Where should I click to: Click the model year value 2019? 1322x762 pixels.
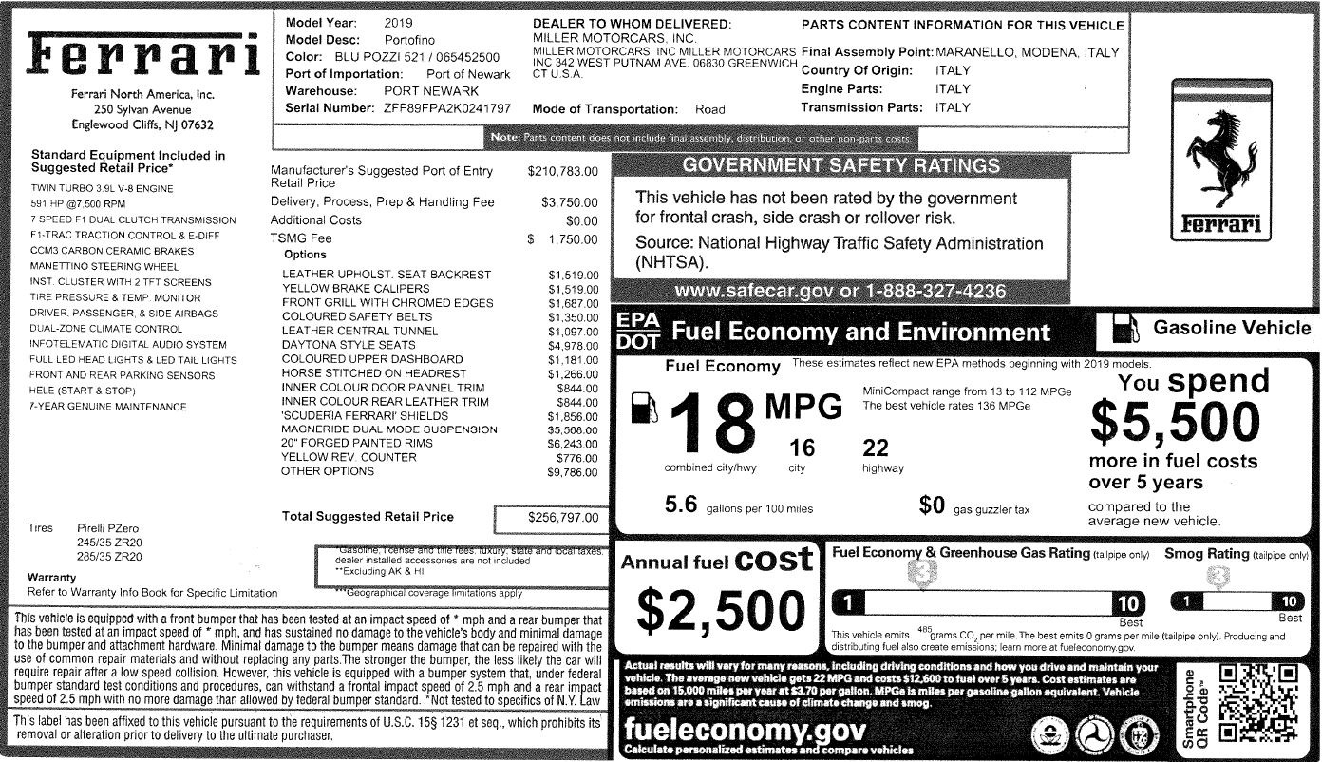398,22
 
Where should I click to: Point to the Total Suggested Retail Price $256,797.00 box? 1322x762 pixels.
550,518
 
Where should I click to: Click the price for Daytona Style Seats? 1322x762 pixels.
573,345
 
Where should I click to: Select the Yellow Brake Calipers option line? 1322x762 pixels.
350,289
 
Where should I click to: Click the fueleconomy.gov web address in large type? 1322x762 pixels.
745,732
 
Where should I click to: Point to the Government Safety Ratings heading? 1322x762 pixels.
841,165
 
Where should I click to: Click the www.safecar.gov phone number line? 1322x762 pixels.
840,291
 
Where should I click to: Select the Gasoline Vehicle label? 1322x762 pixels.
1231,328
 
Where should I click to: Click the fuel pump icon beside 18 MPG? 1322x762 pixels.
643,408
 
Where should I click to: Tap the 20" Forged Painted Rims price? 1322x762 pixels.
573,444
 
